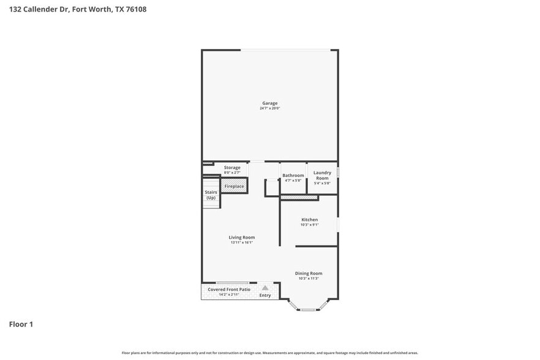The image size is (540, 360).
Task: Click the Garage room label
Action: tap(270, 103)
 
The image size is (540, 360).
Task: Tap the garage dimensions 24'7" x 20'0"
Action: tap(270, 108)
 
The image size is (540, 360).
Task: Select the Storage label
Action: tap(232, 167)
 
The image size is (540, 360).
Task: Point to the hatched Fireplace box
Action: tap(234, 186)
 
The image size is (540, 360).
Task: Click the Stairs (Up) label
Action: tap(211, 195)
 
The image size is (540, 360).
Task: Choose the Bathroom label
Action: tap(293, 175)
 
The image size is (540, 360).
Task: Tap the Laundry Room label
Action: tap(322, 175)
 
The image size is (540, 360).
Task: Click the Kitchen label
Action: tap(309, 219)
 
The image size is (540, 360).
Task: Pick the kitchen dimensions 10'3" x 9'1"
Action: tap(309, 225)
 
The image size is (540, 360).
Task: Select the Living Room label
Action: tap(242, 237)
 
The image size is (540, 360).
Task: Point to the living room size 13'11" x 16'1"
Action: tap(242, 242)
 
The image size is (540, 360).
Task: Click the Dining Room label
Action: tap(309, 273)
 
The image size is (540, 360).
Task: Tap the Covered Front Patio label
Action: tap(229, 289)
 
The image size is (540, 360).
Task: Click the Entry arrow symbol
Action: tap(265, 288)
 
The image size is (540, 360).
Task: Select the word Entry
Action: tap(265, 296)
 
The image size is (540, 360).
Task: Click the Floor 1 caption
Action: tap(21, 324)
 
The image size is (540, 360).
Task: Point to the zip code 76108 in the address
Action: tap(136, 9)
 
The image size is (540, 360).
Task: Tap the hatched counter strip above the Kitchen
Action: tap(299, 198)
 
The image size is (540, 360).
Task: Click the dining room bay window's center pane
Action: tap(308, 309)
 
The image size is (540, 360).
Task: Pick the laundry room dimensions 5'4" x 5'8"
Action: tap(322, 183)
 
